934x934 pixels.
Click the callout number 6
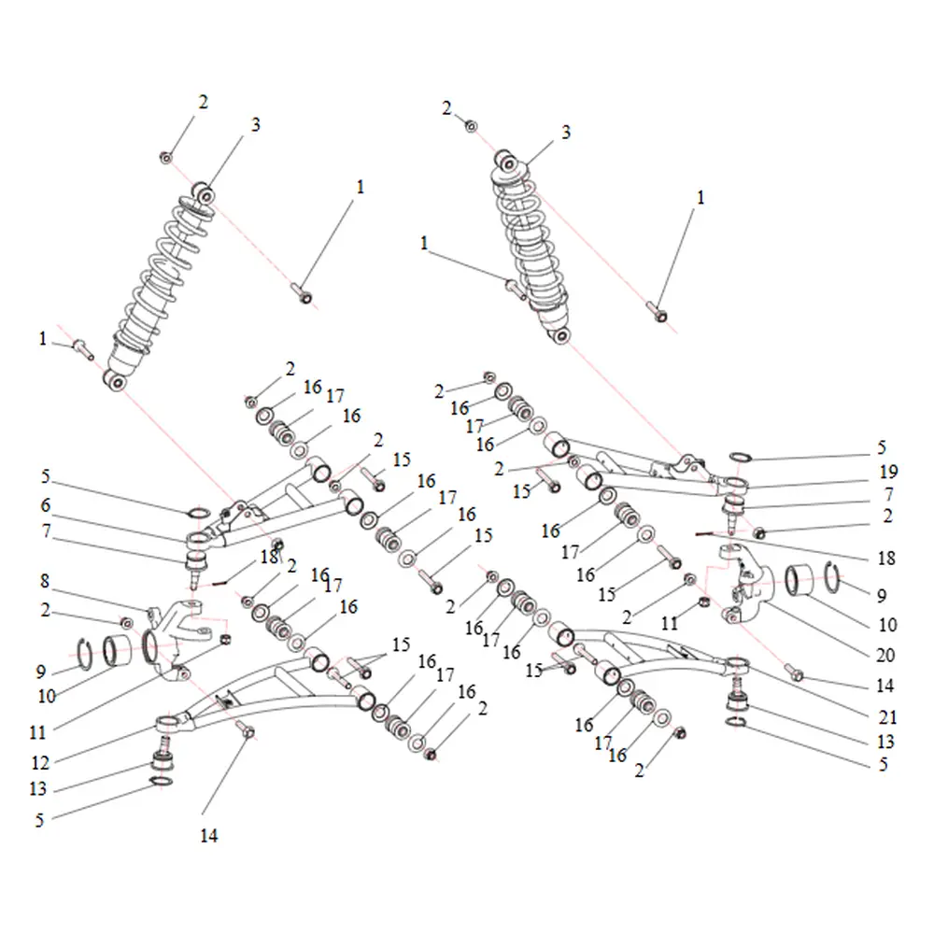46,505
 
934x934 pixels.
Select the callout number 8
45,581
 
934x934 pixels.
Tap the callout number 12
40,762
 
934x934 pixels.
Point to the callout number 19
889,472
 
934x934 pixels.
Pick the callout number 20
885,656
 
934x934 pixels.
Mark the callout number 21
887,717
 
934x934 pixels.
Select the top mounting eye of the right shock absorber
505,161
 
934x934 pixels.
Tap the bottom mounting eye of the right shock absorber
559,335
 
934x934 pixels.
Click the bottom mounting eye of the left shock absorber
116,381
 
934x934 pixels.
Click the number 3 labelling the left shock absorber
256,124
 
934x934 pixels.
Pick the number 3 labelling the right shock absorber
566,132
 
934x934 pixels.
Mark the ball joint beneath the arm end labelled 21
737,696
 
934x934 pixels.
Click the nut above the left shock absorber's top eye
166,157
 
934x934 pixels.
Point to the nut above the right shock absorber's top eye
471,126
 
